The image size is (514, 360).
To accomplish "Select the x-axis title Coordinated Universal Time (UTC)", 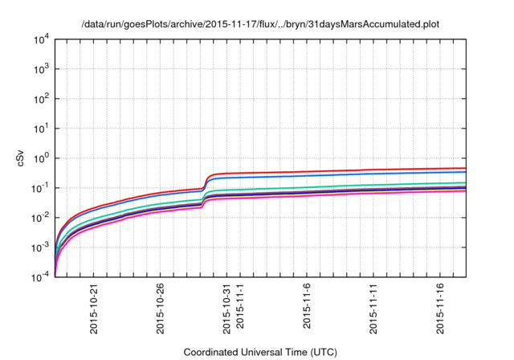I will pos(260,352).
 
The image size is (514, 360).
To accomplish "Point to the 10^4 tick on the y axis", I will pos(41,39).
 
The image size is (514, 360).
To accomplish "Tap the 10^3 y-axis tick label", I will pos(41,69).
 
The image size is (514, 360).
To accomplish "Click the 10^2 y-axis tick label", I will pos(41,99).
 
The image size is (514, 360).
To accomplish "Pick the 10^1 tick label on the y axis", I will pos(41,129).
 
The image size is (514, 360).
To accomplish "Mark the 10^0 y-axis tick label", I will pos(41,158).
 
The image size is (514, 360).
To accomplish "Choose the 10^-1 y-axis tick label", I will pos(41,188).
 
